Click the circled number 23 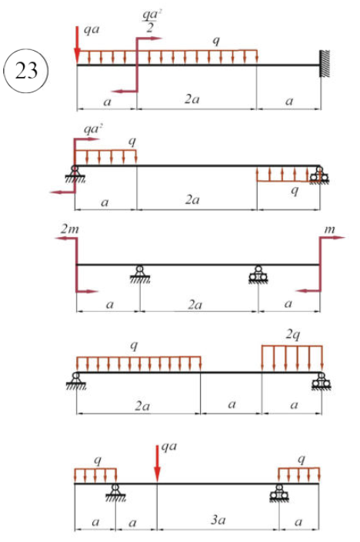pyautogui.click(x=25, y=71)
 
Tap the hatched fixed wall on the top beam pyautogui.click(x=325, y=64)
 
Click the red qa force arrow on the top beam pyautogui.click(x=77, y=44)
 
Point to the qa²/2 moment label pyautogui.click(x=152, y=22)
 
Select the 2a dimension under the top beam pyautogui.click(x=192, y=99)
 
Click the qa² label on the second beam pyautogui.click(x=94, y=129)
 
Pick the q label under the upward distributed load pyautogui.click(x=294, y=190)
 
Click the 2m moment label pyautogui.click(x=70, y=229)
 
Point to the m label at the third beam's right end pyautogui.click(x=329, y=229)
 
